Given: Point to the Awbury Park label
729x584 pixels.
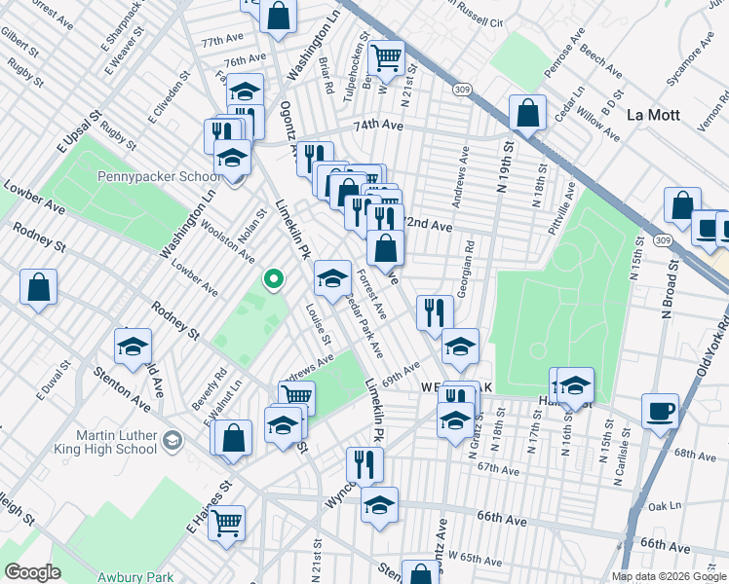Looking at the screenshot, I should pos(132,577).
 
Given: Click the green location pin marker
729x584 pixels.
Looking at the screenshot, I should pos(274,280).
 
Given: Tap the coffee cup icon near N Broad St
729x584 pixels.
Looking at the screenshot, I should pos(660,410).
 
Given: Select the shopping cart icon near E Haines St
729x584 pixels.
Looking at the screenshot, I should pos(227,522).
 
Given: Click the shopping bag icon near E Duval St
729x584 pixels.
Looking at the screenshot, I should pos(38,286).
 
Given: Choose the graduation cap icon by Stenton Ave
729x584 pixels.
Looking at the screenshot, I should pos(133,346).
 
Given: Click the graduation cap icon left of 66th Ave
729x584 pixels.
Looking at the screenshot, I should pos(379,504).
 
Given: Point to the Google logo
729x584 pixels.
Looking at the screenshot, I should pos(33,572).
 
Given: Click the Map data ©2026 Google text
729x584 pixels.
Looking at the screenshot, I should pos(669,576).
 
